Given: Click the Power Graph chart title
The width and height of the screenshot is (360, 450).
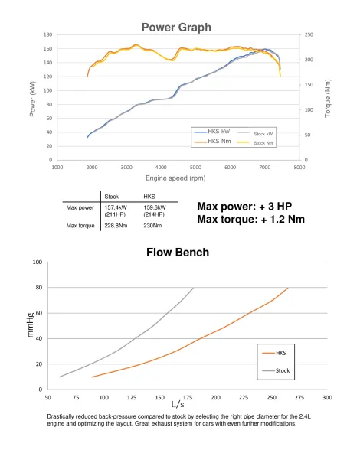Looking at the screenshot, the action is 176,28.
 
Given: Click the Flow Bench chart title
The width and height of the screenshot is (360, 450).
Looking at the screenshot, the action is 178,253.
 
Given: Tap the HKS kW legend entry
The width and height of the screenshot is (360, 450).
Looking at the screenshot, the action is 212,132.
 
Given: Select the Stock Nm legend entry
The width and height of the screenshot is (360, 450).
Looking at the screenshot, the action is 254,142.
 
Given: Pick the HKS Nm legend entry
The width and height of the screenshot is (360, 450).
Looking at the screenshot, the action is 212,141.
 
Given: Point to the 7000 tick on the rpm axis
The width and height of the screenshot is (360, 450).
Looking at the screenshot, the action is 264,168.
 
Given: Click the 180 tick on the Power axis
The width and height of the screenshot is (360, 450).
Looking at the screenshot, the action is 48,34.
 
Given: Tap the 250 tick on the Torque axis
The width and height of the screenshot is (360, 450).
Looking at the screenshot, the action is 309,34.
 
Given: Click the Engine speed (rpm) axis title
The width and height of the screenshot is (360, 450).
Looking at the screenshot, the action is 175,178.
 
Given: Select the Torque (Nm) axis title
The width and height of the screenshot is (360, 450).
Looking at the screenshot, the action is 328,98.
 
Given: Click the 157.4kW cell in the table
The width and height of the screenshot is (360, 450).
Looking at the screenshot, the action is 116,207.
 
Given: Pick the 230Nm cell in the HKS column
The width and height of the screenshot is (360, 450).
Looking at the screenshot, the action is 152,226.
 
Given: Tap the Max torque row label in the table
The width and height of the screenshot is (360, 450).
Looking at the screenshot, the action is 80,226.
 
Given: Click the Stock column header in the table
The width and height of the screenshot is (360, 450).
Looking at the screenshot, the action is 112,197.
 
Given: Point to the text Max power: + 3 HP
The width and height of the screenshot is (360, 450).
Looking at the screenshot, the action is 244,207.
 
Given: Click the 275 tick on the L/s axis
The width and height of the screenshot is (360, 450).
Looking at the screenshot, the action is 299,397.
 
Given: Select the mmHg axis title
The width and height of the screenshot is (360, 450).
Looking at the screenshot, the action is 31,324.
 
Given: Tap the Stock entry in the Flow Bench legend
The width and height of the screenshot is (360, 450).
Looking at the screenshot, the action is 276,370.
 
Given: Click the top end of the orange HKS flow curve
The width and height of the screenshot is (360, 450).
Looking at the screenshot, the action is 288,288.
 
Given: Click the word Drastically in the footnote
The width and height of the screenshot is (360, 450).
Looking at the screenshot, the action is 61,416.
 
